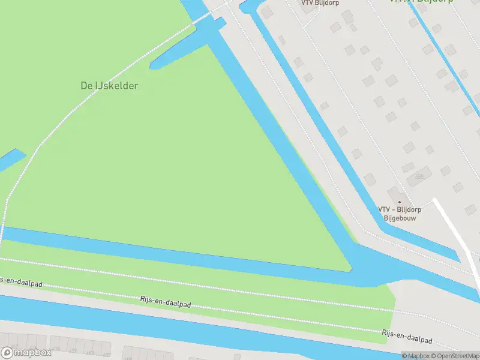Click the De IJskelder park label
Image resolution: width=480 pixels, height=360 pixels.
(109, 86)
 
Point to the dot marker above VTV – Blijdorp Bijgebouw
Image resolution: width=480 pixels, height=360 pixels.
(400, 202)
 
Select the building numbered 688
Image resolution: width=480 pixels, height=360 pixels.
(419, 176)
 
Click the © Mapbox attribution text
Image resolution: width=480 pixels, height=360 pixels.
(416, 356)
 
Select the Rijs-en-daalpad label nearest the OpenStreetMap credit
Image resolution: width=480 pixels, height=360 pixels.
(407, 336)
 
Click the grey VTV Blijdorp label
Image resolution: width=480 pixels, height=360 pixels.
(320, 2)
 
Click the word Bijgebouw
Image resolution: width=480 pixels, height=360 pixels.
(400, 218)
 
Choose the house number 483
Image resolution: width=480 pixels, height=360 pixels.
(89, 352)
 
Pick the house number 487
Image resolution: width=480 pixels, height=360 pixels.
(107, 354)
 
